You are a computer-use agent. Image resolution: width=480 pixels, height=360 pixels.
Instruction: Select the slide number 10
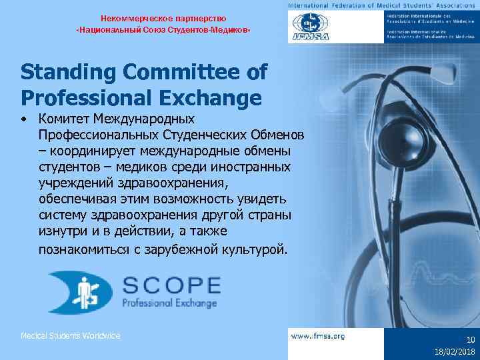470,339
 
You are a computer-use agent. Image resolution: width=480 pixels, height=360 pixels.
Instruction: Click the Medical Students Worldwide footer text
71,335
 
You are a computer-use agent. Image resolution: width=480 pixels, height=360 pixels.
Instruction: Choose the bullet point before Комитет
24,120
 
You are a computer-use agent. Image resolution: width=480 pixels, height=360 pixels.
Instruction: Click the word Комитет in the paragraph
69,119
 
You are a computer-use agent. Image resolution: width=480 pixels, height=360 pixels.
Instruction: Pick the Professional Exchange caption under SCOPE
169,304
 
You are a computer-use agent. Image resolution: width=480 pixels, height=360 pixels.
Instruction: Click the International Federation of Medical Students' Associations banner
383,5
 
